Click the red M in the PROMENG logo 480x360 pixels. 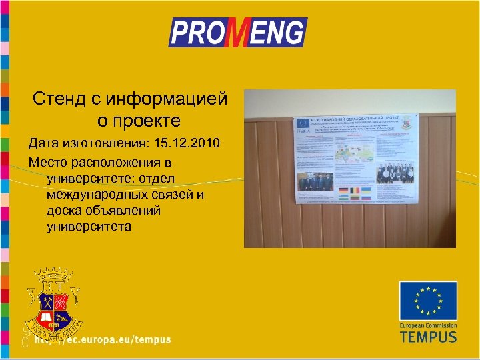(x=238, y=33)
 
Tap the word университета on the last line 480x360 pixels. (x=89, y=227)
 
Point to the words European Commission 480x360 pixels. (x=428, y=324)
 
